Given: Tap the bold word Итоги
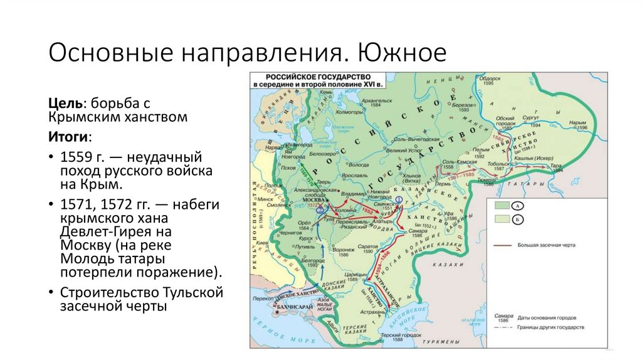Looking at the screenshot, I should pyautogui.click(x=68, y=136).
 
